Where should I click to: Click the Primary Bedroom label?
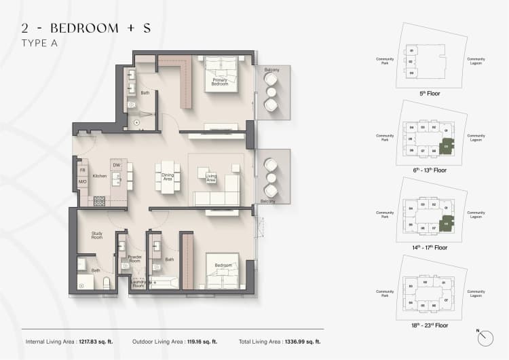(x=219, y=82)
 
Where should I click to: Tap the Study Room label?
(x=97, y=236)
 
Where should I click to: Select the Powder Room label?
(x=134, y=259)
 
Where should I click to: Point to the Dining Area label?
(x=167, y=177)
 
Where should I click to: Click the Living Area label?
(x=211, y=177)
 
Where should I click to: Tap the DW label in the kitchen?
(x=117, y=164)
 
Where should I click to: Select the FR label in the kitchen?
(x=81, y=170)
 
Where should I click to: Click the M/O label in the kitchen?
(x=81, y=182)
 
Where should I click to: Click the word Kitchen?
(x=100, y=176)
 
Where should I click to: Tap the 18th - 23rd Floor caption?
(x=427, y=325)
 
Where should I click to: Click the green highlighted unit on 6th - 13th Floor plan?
(x=447, y=145)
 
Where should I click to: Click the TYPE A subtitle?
(x=39, y=43)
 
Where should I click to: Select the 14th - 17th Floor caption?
(x=427, y=247)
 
